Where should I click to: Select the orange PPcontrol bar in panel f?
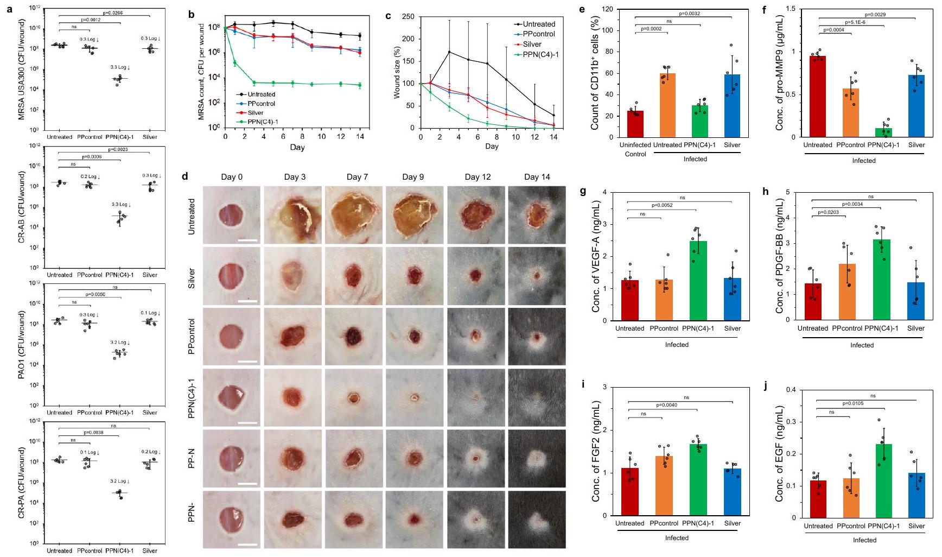(850, 113)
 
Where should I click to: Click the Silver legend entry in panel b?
(253, 113)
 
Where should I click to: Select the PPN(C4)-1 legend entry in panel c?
(539, 54)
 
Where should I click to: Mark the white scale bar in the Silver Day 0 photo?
(247, 299)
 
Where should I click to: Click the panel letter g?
(583, 192)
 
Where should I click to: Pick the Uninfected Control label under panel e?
(635, 149)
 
